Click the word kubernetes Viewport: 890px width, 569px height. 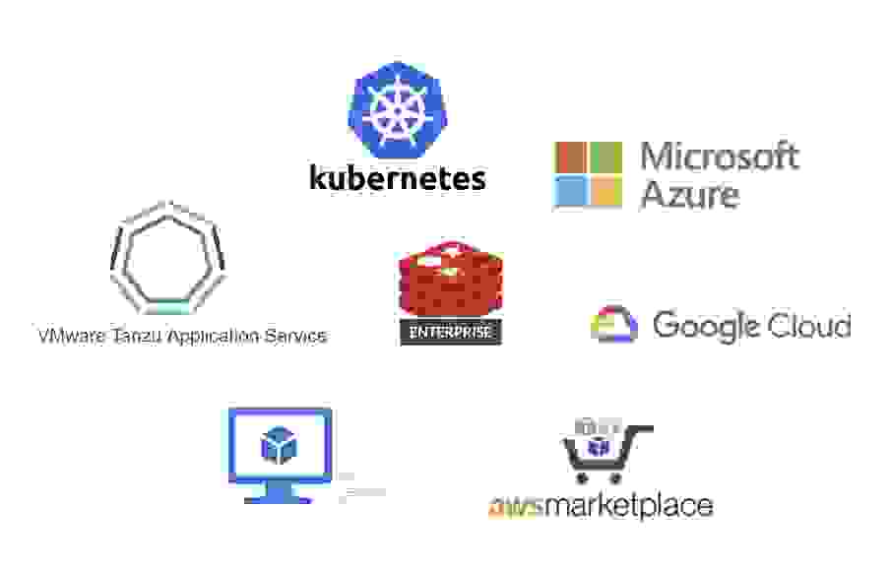[397, 177]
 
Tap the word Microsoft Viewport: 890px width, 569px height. [719, 157]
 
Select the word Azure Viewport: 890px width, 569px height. [689, 194]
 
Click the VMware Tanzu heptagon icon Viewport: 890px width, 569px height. [167, 255]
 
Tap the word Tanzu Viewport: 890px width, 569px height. [138, 336]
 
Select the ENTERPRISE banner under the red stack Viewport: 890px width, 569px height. [451, 332]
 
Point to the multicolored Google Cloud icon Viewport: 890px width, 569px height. [614, 325]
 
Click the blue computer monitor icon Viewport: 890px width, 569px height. [280, 453]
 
